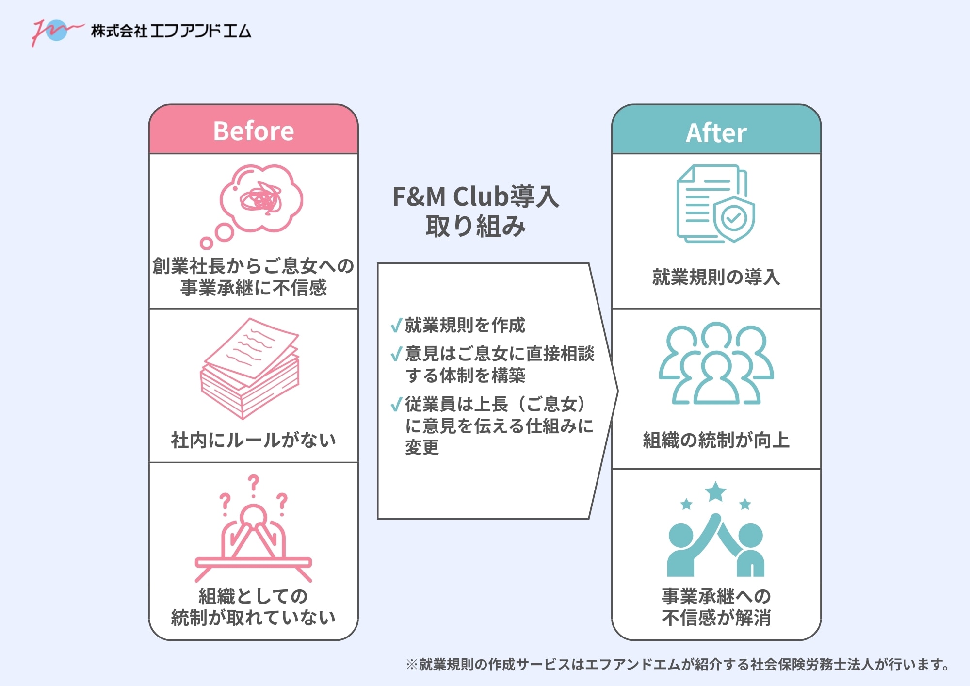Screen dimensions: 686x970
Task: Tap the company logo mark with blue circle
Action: pos(56,31)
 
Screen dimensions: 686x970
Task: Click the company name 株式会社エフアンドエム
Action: pos(171,31)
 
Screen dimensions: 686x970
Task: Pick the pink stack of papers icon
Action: pos(250,369)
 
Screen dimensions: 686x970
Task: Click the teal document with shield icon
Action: pos(715,204)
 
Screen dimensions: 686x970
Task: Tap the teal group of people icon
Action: pos(716,364)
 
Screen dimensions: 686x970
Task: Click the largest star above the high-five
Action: pos(716,492)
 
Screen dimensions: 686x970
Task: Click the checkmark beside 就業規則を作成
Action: pos(396,325)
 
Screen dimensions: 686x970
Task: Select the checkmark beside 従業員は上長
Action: pos(396,404)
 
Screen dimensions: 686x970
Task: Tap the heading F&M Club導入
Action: pos(475,197)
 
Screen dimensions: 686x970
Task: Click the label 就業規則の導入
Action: pos(716,277)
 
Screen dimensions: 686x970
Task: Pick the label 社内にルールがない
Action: pos(253,440)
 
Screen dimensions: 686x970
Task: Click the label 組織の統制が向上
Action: pos(716,440)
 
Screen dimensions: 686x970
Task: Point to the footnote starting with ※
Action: pos(677,664)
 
